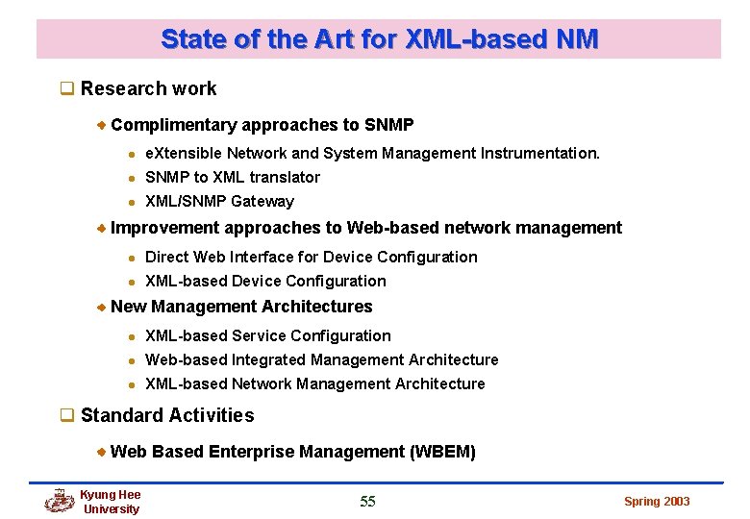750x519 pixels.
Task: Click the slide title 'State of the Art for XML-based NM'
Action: tap(379, 39)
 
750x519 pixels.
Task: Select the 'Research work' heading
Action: tap(148, 89)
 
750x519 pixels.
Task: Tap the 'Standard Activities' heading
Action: tap(167, 416)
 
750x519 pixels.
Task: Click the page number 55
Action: tap(367, 501)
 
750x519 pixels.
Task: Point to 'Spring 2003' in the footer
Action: tap(657, 502)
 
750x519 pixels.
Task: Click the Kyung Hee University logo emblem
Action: tap(60, 501)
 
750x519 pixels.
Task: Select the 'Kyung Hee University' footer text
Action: tap(111, 502)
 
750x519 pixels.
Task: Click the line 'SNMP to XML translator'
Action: tap(232, 178)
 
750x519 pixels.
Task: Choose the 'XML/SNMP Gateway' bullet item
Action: tap(219, 202)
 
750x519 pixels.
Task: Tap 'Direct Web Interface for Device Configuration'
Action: tap(311, 258)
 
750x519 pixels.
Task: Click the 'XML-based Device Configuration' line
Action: tap(265, 282)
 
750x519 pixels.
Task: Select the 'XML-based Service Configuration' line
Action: tap(267, 336)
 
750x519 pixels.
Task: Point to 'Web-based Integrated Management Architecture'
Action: tap(321, 360)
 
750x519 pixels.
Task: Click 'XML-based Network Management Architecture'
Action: tap(314, 384)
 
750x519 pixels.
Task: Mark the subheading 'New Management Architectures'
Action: tap(241, 308)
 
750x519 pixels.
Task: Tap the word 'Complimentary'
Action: tap(174, 126)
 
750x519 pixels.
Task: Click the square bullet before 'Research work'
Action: tap(67, 89)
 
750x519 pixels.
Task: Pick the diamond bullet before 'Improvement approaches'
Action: tap(102, 229)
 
